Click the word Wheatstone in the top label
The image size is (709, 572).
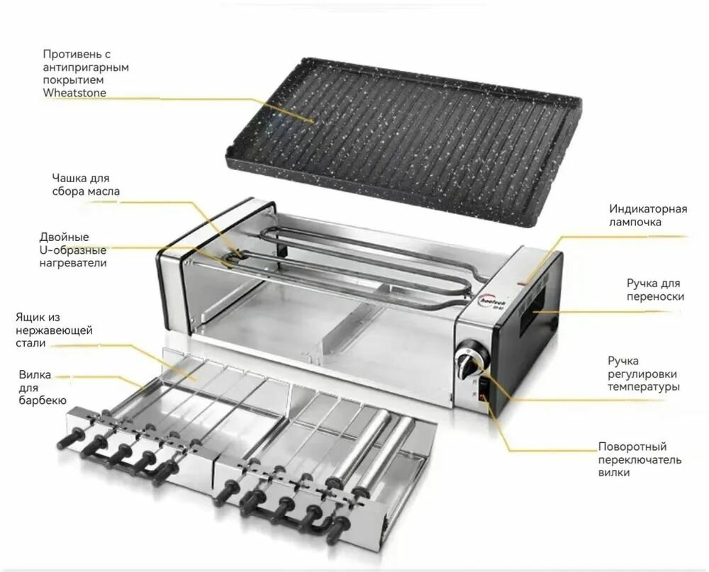point(74,93)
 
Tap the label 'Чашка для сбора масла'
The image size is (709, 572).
point(86,184)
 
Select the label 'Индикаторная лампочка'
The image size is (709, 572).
point(648,215)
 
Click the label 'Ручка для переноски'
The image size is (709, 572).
point(654,290)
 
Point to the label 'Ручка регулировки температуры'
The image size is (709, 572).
point(644,374)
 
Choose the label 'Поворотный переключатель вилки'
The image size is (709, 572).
point(640,459)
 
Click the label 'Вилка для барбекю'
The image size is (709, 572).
point(43,388)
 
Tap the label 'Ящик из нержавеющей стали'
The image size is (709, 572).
point(54,330)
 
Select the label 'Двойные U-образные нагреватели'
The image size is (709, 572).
point(73,249)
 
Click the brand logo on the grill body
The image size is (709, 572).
point(494,301)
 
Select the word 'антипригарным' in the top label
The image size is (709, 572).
point(86,67)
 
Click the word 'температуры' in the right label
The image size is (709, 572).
point(644,387)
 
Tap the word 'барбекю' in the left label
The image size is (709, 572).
point(43,400)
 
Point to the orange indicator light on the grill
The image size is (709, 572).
point(523,284)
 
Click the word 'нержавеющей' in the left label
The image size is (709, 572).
point(54,330)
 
